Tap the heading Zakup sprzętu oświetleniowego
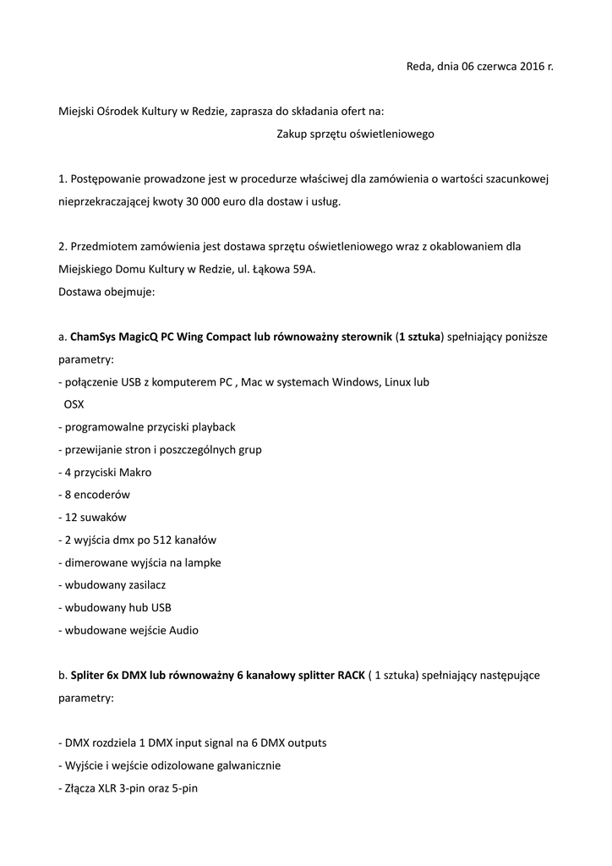coord(355,134)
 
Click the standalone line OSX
coord(74,404)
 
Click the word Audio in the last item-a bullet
coord(183,630)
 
